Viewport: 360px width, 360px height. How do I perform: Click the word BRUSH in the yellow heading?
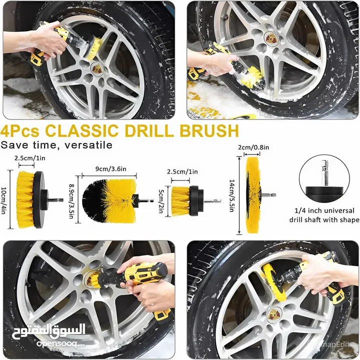209,131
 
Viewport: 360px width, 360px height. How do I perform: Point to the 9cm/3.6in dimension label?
111,169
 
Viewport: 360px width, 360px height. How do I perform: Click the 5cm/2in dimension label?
160,201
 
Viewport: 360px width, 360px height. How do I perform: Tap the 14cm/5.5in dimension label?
231,195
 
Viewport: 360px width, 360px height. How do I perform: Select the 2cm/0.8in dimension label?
253,147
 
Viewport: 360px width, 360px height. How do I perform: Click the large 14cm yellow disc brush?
253,195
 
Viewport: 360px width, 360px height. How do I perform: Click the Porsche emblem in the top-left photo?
96,68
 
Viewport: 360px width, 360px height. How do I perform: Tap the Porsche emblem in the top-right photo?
271,38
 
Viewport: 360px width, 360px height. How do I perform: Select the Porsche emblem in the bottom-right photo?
274,314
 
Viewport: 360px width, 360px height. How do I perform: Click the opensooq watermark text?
60,344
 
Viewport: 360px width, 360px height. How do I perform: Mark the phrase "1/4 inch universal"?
324,210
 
